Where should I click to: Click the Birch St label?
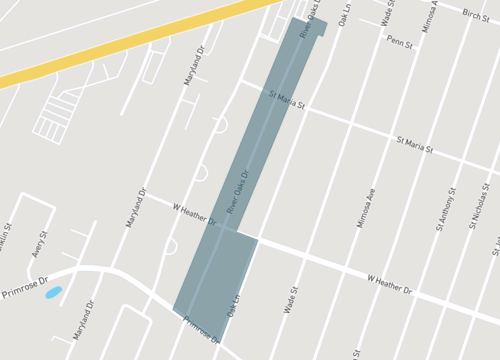(477, 13)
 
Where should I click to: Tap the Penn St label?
(400, 42)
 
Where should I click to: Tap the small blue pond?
(54, 293)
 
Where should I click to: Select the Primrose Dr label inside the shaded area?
(202, 329)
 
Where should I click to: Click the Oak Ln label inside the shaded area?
(234, 305)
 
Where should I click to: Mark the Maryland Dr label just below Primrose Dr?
(83, 319)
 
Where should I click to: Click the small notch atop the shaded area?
(320, 26)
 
